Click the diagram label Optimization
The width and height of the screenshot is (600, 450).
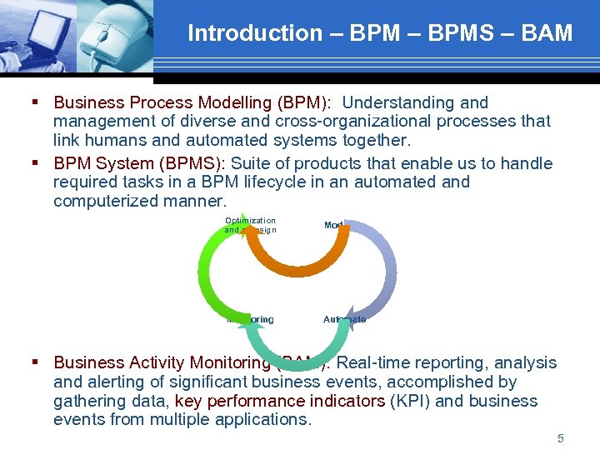(x=250, y=221)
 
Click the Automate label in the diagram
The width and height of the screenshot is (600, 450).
(x=344, y=319)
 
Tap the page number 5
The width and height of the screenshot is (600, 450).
(x=561, y=438)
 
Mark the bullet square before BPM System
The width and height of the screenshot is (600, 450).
(x=36, y=162)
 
